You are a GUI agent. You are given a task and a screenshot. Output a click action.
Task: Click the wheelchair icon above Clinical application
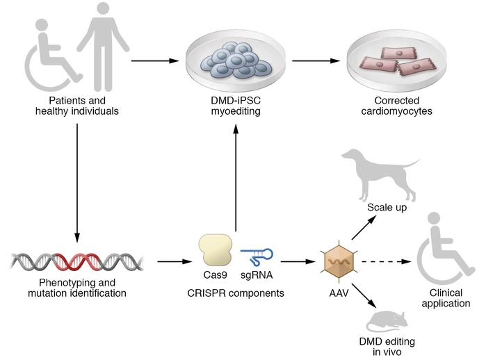click(443, 256)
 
